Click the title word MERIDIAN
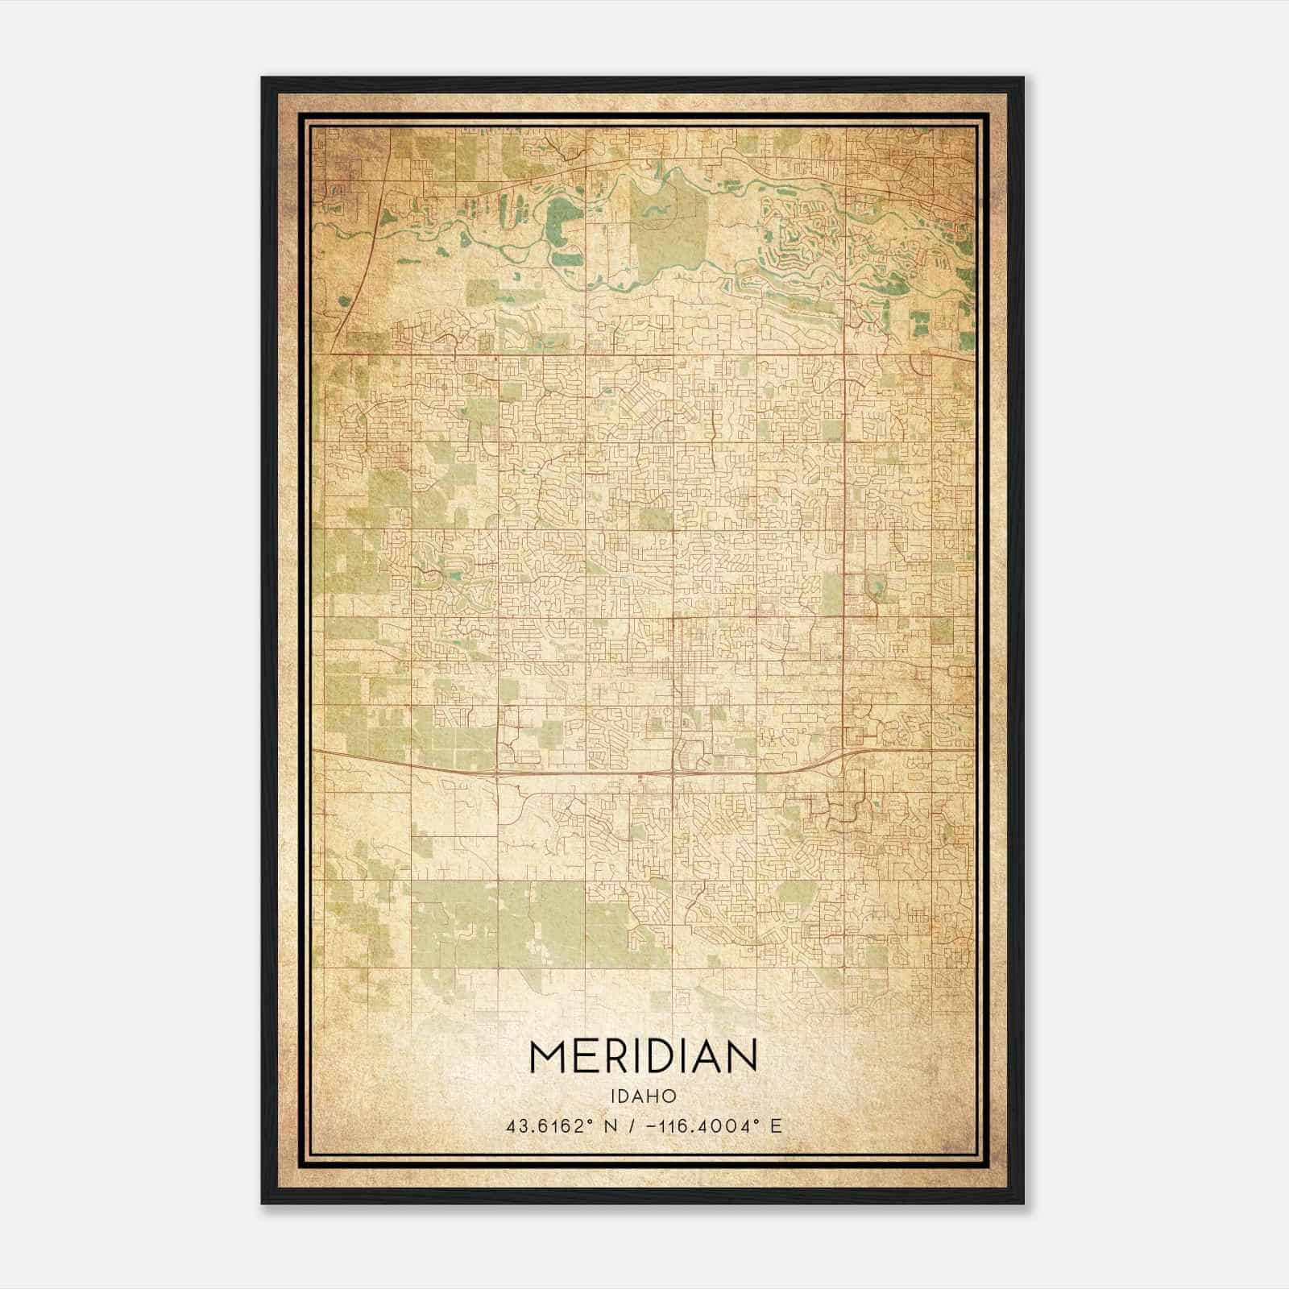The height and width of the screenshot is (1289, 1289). (643, 1056)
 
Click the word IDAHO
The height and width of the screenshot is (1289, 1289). (643, 1096)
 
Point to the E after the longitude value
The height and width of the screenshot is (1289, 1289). (776, 1126)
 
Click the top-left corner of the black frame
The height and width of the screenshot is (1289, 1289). (263, 79)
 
